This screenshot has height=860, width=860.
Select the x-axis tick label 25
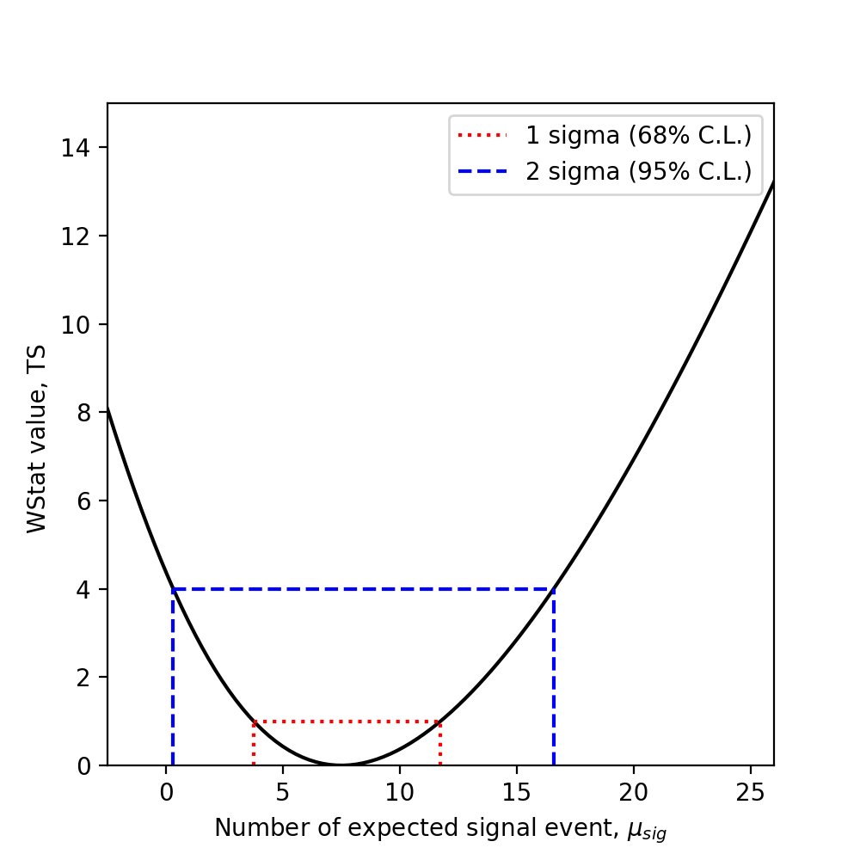pyautogui.click(x=751, y=789)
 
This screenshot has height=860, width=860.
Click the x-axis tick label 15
pyautogui.click(x=517, y=789)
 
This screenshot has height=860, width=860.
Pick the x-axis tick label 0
pyautogui.click(x=166, y=789)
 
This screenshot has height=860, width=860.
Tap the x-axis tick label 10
pyautogui.click(x=400, y=789)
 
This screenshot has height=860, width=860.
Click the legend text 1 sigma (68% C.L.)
pyautogui.click(x=639, y=136)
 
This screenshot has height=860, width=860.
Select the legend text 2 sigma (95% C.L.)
pyautogui.click(x=639, y=171)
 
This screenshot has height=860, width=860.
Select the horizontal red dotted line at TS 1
pyautogui.click(x=347, y=722)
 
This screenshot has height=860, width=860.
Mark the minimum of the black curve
pyautogui.click(x=341, y=765)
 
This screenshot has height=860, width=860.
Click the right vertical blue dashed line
pyautogui.click(x=554, y=679)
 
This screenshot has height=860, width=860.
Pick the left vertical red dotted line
pyautogui.click(x=254, y=744)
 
